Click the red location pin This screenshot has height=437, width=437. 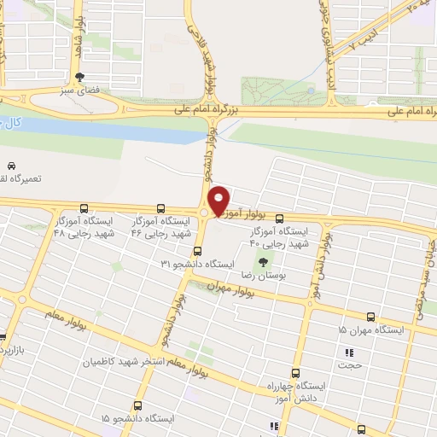point(218,201)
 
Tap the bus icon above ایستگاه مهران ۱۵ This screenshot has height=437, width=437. point(370,317)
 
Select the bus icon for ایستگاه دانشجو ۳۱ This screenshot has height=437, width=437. point(197,251)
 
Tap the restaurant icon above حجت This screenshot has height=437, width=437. point(348,353)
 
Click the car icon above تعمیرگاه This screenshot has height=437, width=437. point(11,165)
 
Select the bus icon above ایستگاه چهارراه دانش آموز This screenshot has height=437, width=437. point(295,373)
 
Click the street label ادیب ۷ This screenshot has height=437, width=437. point(344,50)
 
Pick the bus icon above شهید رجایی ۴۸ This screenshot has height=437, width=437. point(84,207)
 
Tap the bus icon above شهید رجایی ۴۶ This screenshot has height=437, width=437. point(160,207)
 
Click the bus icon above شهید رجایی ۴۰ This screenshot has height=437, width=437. point(302,218)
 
